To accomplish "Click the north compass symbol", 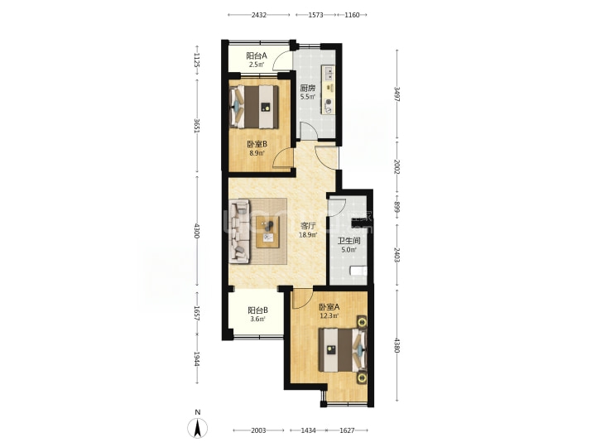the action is [x=198, y=428].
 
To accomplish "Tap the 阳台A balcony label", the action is [x=257, y=55].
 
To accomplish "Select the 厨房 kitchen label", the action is [x=308, y=89].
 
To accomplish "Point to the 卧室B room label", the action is [x=257, y=144].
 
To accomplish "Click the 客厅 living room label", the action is [x=308, y=226].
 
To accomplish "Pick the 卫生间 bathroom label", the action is [x=349, y=241].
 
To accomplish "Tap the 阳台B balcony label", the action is [x=257, y=310].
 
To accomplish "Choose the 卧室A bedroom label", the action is [x=329, y=307].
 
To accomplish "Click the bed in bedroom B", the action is [x=254, y=107].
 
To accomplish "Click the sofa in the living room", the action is [x=239, y=232].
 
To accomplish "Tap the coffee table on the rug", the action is [x=267, y=232].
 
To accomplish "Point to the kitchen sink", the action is [x=329, y=73].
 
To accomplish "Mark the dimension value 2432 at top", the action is [x=259, y=15].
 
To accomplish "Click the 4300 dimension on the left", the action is [x=196, y=231].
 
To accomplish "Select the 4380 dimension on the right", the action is [x=397, y=345].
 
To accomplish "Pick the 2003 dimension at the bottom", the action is [x=258, y=430].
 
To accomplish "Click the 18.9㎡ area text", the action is [x=308, y=235].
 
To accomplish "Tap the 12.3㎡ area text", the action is [x=329, y=316].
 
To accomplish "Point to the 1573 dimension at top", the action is [x=316, y=15].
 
